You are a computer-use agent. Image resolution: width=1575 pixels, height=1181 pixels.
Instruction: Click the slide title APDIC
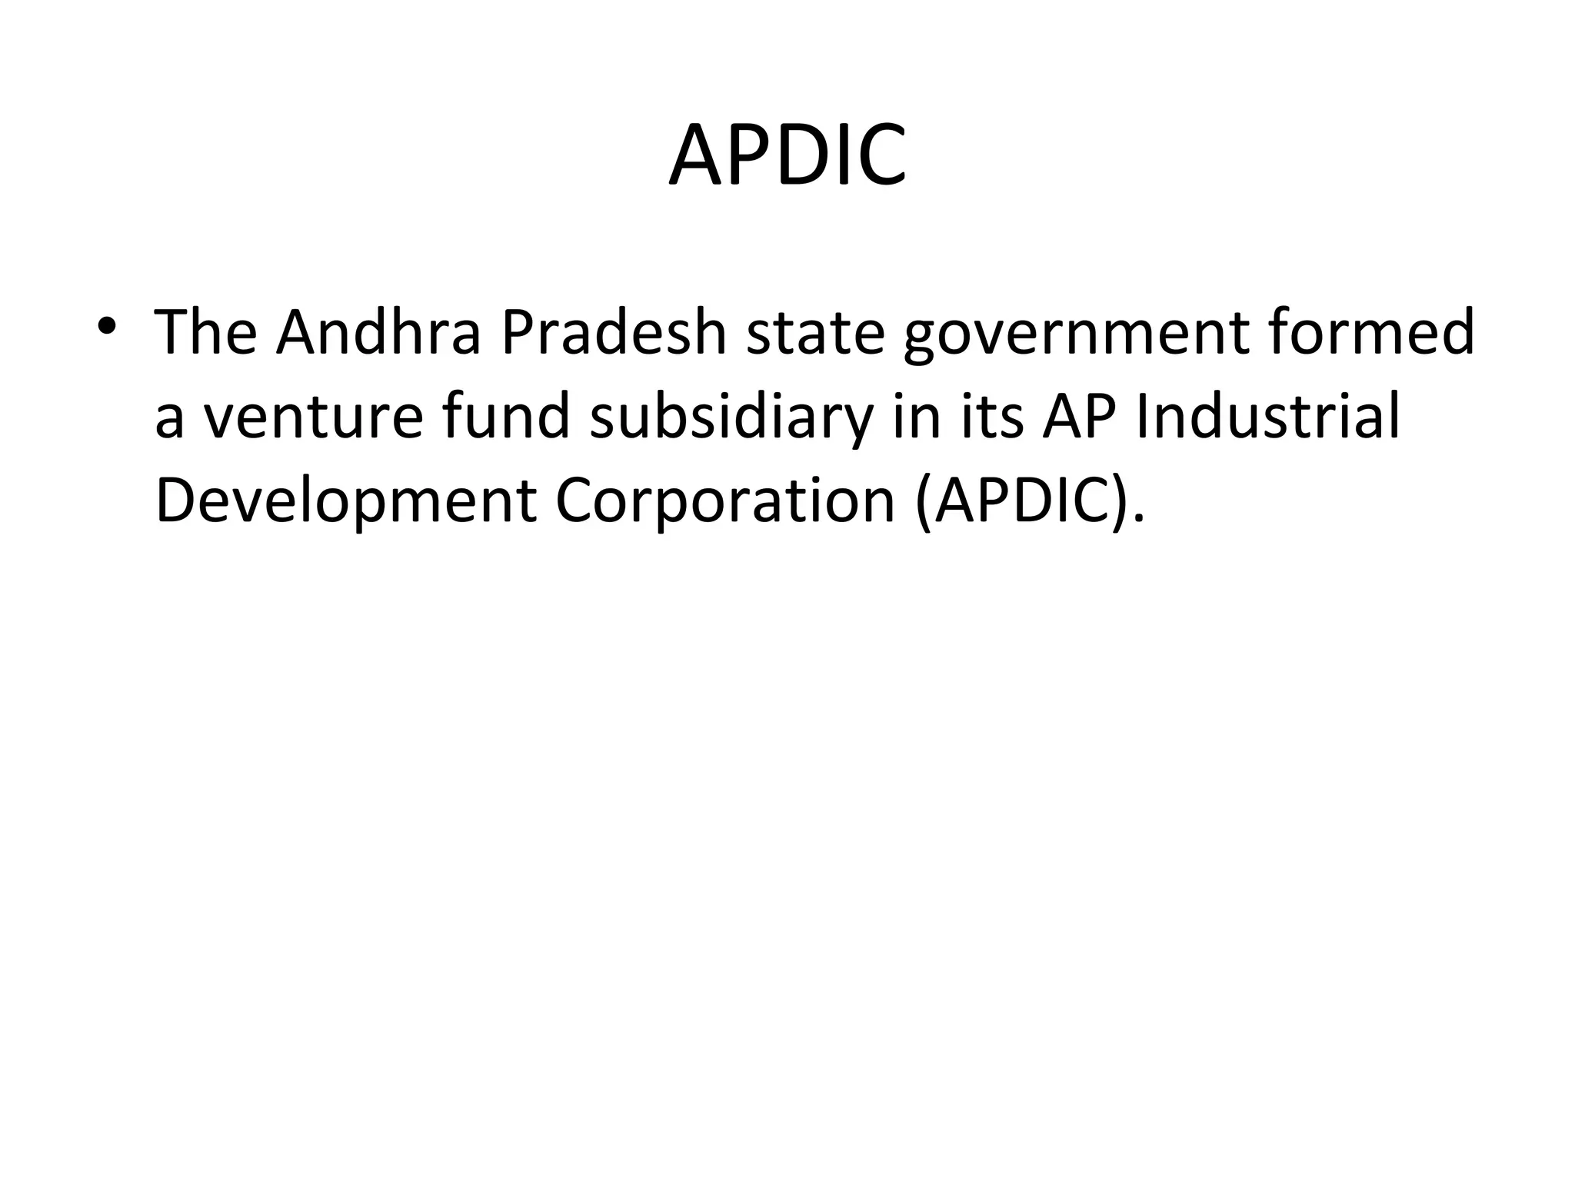787,156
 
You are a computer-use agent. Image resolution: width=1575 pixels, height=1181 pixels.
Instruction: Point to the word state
815,333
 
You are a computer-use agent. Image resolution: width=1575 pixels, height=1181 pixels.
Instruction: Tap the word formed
1370,333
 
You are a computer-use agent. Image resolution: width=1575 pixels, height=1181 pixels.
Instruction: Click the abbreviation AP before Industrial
1080,418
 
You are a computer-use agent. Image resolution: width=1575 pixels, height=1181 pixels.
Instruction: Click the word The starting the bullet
206,333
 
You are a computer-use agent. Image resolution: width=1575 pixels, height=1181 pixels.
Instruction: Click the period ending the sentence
1138,519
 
